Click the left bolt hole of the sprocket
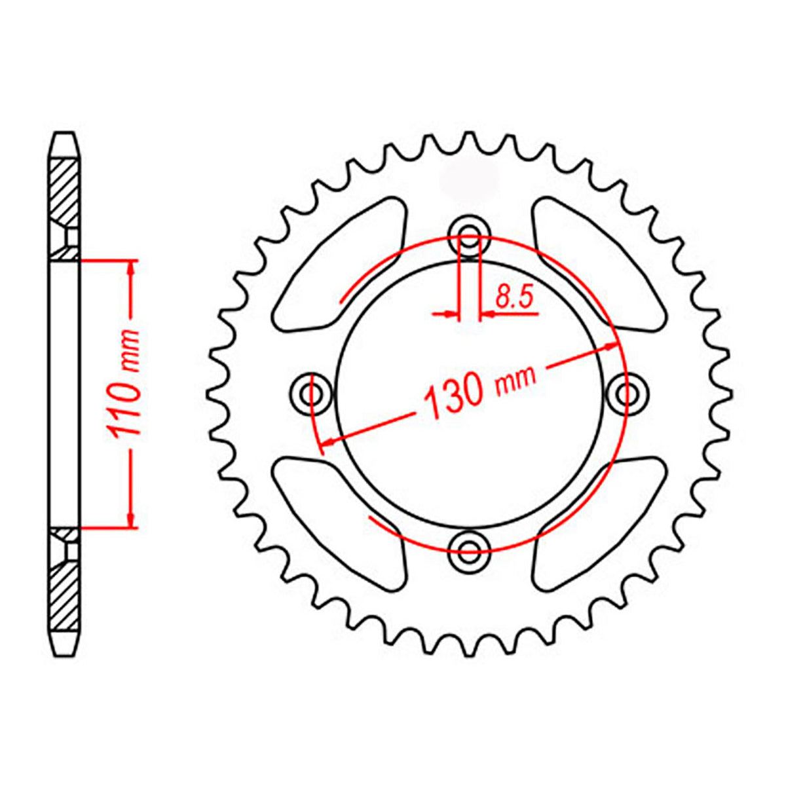[312, 393]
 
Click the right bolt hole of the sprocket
[626, 393]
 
